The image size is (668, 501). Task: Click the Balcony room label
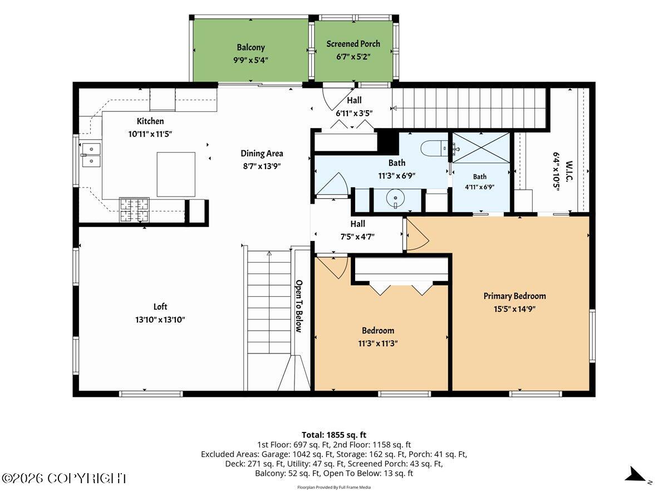point(250,47)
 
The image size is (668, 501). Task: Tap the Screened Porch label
point(353,44)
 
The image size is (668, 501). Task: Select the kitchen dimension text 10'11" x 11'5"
point(150,134)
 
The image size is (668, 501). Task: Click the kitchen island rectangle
point(176,174)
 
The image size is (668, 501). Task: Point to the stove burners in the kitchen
point(134,210)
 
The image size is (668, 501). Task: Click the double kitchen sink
point(91,155)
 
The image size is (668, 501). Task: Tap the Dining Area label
point(262,153)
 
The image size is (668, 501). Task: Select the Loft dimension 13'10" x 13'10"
point(160,320)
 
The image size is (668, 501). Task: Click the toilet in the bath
point(434,149)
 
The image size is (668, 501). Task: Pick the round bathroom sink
point(395,199)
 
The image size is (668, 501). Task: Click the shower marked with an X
point(481,148)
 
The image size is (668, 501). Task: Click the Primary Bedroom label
point(514,296)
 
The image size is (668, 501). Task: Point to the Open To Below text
point(299,306)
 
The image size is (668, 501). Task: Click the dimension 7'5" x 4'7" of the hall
point(357,237)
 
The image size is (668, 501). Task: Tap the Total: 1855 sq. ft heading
point(334,435)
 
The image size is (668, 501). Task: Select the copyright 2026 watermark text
point(63,479)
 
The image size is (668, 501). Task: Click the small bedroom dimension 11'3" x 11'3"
point(377,343)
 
